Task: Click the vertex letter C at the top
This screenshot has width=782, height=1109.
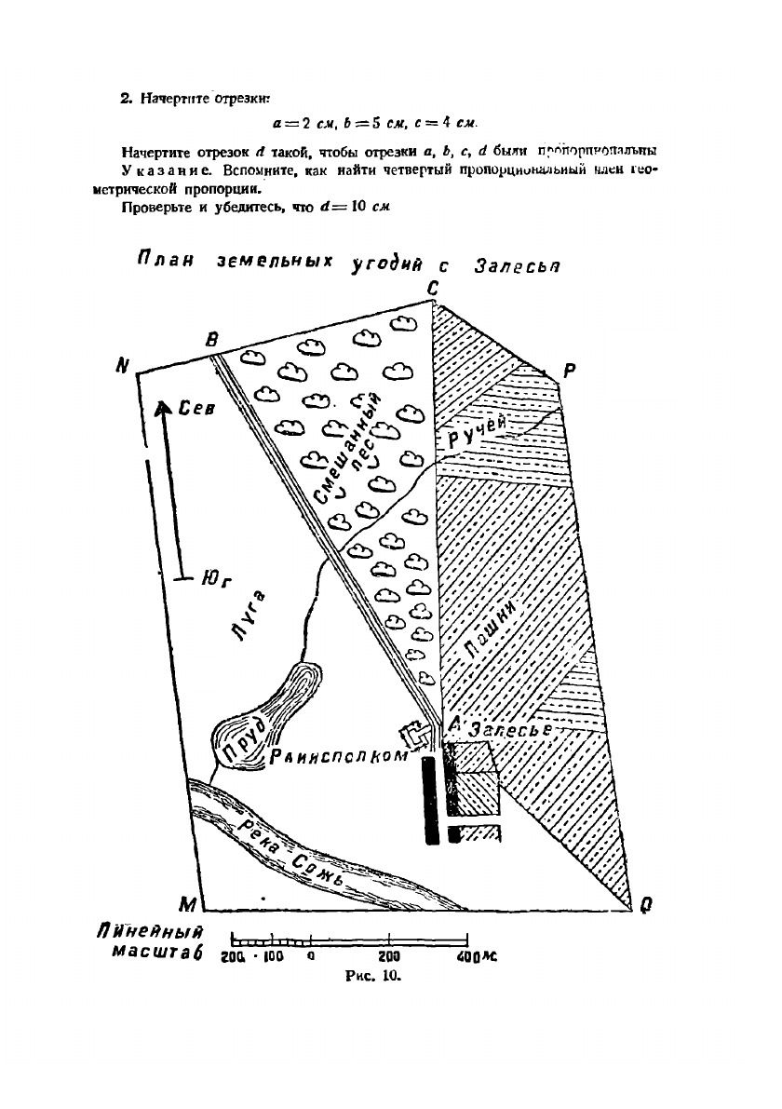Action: [x=433, y=290]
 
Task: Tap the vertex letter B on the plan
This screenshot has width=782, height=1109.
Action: [x=212, y=341]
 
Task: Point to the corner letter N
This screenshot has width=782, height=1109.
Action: [x=121, y=366]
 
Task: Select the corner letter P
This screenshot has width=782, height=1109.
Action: [x=570, y=370]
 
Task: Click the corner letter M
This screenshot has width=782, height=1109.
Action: [x=188, y=904]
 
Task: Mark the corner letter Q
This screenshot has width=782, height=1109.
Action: [x=645, y=903]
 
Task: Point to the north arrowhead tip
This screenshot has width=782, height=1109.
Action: [x=162, y=404]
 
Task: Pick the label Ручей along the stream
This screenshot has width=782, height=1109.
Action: [x=478, y=433]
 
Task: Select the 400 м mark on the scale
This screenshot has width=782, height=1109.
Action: [x=477, y=956]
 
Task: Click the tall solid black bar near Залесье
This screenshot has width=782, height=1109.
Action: [x=430, y=800]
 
